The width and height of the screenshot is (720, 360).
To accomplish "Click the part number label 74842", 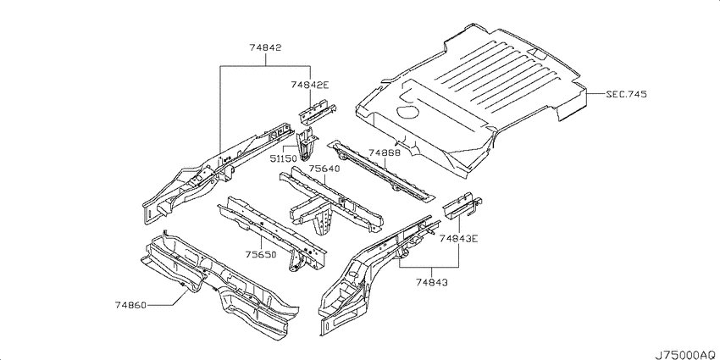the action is pos(265,47).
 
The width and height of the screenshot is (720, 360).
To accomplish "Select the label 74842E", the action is pos(310,85).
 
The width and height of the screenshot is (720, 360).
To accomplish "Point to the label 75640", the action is pos(324,169).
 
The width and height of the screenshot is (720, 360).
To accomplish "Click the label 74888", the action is pos(385,153).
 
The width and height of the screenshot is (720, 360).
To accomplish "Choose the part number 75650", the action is pos(260,254).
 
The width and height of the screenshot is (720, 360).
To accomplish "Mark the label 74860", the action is pos(130,305).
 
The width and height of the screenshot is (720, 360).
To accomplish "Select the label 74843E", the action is pos(458,238).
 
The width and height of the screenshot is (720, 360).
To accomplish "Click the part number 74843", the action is pos(432,282).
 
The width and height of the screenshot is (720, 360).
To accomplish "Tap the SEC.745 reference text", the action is pos(626,95).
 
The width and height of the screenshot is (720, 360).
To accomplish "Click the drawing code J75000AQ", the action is pos(686,354).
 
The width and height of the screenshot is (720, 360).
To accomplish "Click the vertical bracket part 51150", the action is pos(307,145).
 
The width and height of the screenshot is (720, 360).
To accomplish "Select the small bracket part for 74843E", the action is pos(462,204).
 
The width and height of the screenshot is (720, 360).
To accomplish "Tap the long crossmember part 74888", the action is pos(380,171).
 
